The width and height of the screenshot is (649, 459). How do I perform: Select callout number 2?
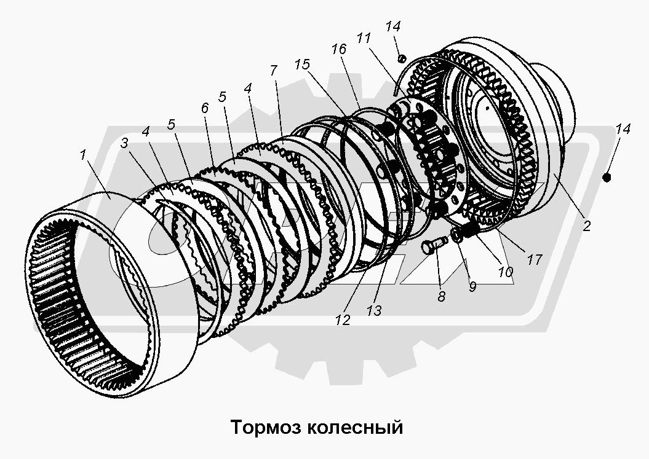pos(586,226)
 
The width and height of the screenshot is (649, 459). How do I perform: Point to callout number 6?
pos(205,106)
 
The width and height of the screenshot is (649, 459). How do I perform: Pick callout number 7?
pos(273,70)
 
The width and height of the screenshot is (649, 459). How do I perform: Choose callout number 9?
pos(472,286)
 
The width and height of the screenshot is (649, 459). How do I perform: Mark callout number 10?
pos(506,272)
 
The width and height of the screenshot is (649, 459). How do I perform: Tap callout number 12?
pos(342,320)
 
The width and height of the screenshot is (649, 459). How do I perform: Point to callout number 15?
pos(301,64)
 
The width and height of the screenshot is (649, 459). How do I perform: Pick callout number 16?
pos(338,50)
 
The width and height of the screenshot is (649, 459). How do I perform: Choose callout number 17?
pos(535,260)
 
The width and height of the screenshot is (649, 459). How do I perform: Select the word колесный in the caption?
pos(352,426)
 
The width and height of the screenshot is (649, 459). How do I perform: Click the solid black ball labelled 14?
pos(607,178)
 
